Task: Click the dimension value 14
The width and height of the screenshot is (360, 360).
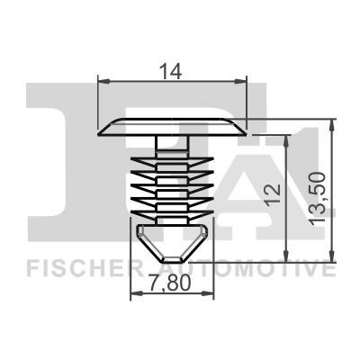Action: (170, 71)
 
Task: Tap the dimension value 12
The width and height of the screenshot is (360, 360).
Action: (273, 193)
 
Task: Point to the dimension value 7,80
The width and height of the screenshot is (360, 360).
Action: (170, 283)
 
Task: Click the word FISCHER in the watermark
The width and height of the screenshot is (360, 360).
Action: (85, 269)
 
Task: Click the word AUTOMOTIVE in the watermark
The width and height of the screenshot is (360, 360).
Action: (249, 269)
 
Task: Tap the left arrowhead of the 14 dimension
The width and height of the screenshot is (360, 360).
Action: (104, 81)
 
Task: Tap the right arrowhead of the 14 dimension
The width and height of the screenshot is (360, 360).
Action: (240, 81)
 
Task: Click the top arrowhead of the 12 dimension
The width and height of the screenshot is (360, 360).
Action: (287, 141)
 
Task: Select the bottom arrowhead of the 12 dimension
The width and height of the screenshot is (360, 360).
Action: (287, 256)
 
